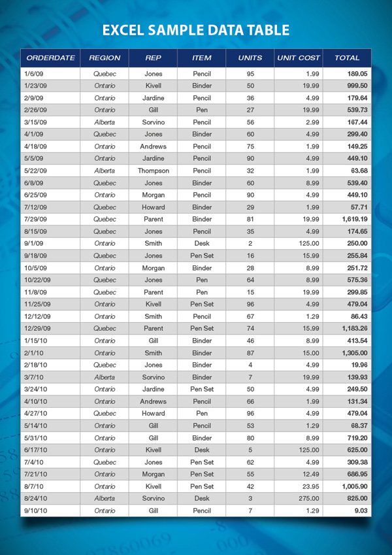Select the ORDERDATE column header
tap(51, 58)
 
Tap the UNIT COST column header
tap(298, 58)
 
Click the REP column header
tap(153, 58)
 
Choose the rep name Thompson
tap(154, 171)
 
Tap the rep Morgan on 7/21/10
tap(154, 474)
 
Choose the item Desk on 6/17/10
tap(202, 450)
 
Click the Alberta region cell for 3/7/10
tap(105, 377)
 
